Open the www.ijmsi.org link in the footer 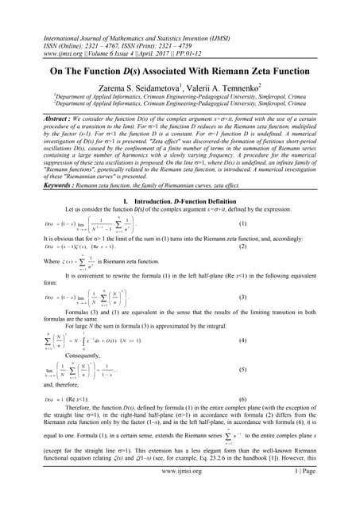coord(180,493)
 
